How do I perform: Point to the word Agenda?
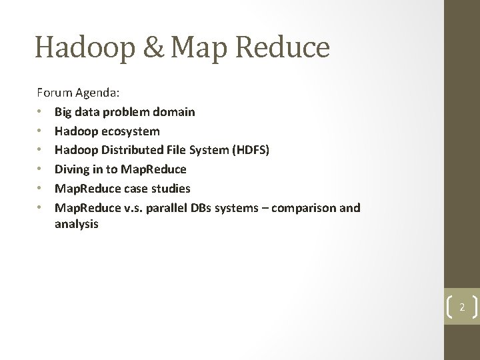pos(96,93)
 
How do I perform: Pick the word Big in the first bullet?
pos(64,112)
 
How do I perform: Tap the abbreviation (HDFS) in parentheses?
pos(251,151)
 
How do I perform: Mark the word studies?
pos(171,189)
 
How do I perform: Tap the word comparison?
pos(307,208)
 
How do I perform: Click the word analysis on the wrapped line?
pos(77,225)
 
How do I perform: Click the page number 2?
pos(461,307)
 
